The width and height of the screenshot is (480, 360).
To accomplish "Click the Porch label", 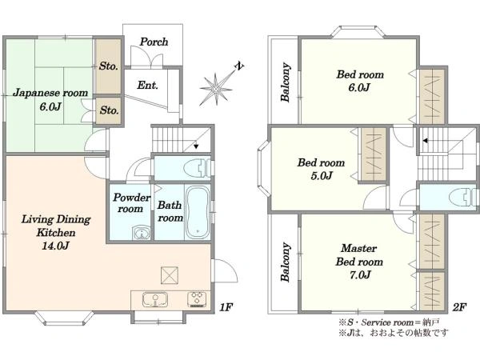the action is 154,42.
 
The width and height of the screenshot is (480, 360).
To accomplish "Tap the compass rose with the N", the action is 218,87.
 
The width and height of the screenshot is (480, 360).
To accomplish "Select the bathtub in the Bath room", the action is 198,213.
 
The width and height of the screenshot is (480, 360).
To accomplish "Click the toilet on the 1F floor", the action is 197,168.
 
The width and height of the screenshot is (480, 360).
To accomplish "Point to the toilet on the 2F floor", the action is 464,197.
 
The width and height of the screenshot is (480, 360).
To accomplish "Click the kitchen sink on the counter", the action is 155,299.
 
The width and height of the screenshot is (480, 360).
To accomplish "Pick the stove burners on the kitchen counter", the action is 197,299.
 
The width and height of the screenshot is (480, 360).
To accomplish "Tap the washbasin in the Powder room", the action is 142,233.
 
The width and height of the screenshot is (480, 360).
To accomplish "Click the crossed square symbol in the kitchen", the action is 170,275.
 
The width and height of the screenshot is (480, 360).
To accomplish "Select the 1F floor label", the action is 226,306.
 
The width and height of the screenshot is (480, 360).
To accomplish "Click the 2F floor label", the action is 459,307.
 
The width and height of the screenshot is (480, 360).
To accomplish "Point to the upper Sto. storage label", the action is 108,66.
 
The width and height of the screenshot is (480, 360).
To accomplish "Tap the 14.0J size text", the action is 55,246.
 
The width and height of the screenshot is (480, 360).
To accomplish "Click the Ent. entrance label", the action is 147,85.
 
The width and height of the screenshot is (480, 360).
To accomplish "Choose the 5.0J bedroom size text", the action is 322,176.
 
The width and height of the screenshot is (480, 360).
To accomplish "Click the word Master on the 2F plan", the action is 358,248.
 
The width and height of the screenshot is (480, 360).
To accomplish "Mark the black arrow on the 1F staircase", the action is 196,146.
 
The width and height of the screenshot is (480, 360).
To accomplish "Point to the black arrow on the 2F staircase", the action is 426,141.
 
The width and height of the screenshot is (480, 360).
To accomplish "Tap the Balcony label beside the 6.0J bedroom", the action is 285,82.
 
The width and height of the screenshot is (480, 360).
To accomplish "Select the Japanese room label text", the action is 50,93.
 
